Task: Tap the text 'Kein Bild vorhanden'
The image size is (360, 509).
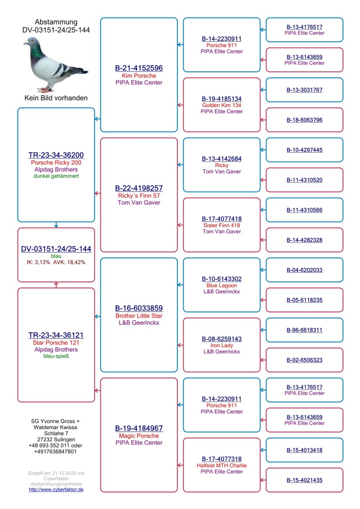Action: [x=56, y=98]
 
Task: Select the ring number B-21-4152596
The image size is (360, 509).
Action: [x=139, y=68]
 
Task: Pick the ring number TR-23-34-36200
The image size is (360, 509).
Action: [x=56, y=155]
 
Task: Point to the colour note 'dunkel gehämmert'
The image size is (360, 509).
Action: [x=56, y=177]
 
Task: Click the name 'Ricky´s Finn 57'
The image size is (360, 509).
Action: [x=139, y=195]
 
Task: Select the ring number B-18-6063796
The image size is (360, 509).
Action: [x=304, y=120]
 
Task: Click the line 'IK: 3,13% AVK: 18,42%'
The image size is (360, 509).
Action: [x=56, y=262]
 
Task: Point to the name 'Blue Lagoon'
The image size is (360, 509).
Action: [x=221, y=285]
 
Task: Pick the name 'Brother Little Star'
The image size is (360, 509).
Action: [x=139, y=316]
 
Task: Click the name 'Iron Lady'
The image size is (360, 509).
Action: [x=221, y=345]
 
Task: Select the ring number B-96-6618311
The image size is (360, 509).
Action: [x=304, y=330]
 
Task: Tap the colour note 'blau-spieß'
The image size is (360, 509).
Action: [x=56, y=356]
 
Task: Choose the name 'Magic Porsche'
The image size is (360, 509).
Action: [x=139, y=436]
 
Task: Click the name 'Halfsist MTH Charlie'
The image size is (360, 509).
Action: [x=221, y=465]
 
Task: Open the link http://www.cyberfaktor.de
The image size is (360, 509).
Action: [x=56, y=489]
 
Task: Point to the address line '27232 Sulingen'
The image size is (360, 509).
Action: [x=56, y=439]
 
